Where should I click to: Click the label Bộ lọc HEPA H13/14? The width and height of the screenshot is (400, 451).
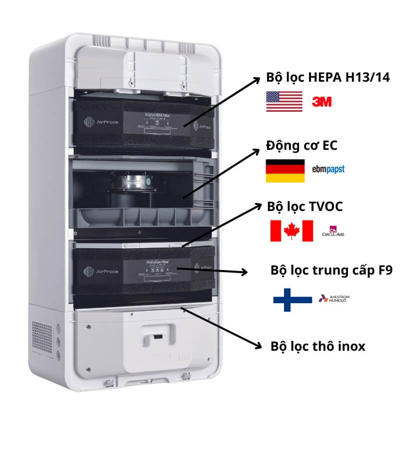click(x=328, y=78)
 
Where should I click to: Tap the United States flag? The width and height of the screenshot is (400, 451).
click(x=284, y=102)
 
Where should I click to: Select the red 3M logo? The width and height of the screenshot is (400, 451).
click(x=322, y=102)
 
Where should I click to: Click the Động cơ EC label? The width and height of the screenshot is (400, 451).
click(x=301, y=145)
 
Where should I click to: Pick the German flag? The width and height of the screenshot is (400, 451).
click(x=285, y=171)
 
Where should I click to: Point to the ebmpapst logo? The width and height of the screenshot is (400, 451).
click(x=328, y=169)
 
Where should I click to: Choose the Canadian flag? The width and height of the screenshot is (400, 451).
click(x=291, y=231)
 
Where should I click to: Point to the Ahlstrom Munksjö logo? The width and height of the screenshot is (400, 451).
click(x=334, y=299)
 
